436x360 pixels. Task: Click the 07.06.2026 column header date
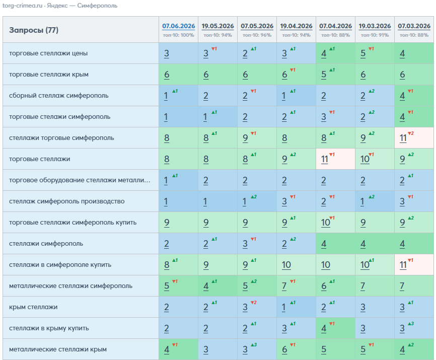pos(179,26)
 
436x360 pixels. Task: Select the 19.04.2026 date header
pos(296,26)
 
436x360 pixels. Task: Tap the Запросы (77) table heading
pos(34,30)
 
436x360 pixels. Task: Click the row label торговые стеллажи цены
pos(48,53)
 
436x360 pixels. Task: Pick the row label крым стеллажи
pos(33,307)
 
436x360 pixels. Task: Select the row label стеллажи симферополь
pos(46,244)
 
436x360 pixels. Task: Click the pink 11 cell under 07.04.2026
pos(335,159)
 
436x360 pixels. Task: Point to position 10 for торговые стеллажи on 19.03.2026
pos(375,159)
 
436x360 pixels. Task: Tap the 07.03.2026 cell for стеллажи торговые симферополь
pos(414,138)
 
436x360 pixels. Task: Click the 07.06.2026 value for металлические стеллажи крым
pos(179,349)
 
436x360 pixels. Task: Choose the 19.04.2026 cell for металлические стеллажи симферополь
pos(296,286)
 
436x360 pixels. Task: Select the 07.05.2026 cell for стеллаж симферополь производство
pos(257,201)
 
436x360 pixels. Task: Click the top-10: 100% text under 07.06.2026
pos(179,35)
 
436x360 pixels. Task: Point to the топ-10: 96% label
pos(257,35)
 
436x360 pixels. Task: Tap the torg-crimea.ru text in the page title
pos(22,6)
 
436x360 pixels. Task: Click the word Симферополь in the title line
pos(97,6)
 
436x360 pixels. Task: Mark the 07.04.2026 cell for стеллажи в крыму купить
pos(335,328)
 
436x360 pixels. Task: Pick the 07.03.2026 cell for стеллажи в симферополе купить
pos(414,265)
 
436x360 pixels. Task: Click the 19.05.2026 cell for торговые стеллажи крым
pos(217,75)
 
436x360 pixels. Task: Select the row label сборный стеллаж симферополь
pos(59,96)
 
